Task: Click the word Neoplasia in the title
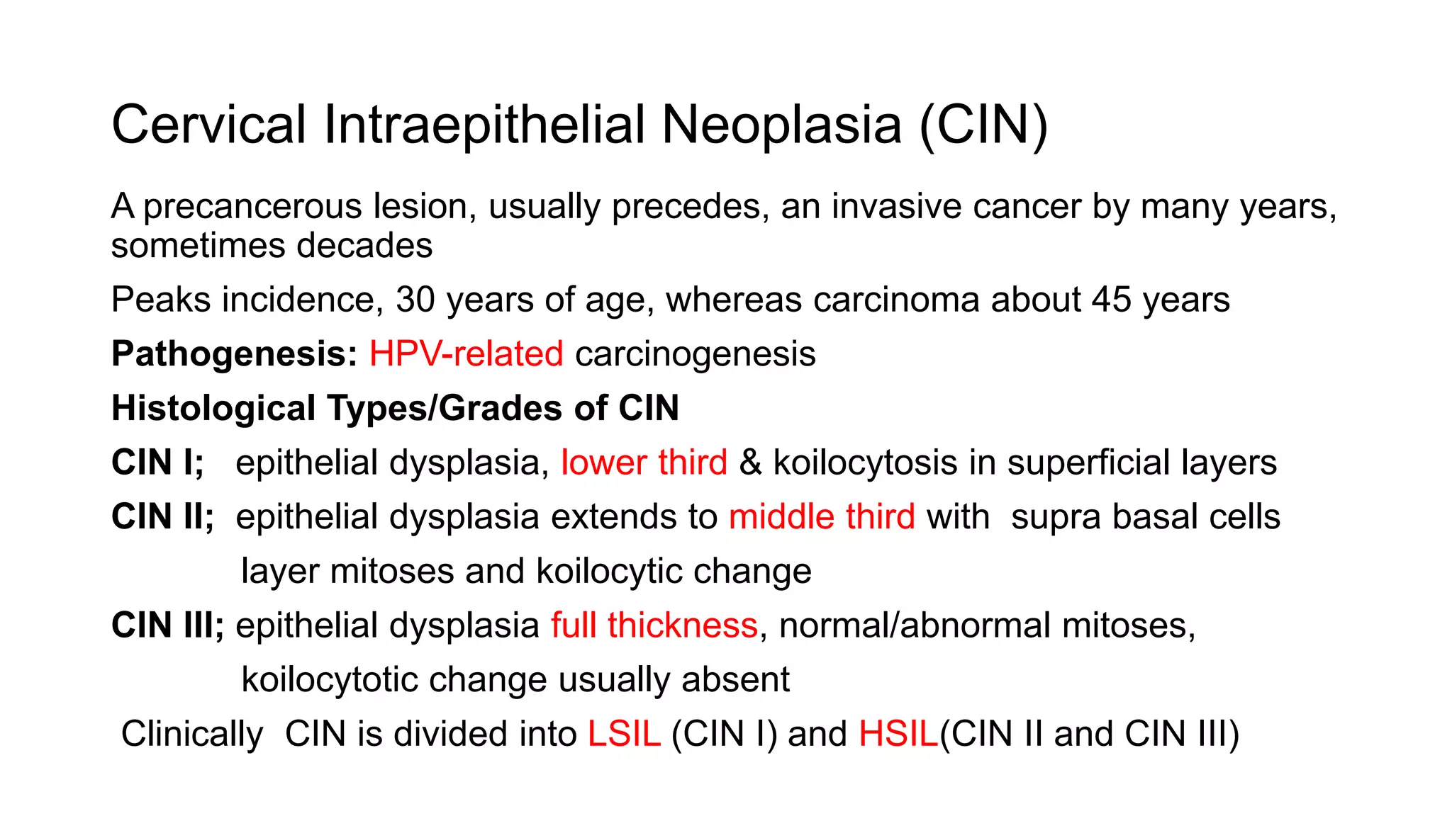click(781, 125)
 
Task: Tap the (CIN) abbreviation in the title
click(983, 125)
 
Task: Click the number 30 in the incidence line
click(415, 300)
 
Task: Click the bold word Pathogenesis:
click(234, 353)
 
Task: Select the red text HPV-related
click(466, 353)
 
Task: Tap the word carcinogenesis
click(695, 353)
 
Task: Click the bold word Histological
click(213, 408)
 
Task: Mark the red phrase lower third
click(644, 463)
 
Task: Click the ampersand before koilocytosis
click(750, 463)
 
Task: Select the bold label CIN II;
click(162, 516)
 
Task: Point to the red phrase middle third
click(822, 516)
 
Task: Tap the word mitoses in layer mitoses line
click(391, 571)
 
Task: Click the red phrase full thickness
click(654, 625)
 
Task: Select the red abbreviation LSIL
click(624, 734)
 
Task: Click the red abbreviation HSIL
click(898, 734)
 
